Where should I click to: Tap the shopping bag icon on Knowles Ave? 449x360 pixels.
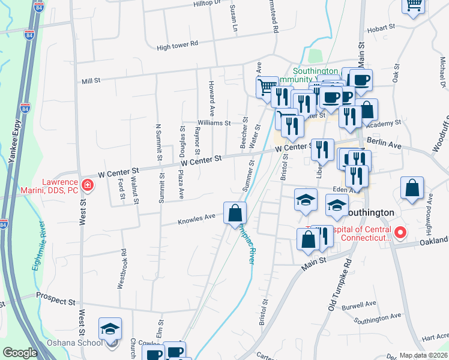pos(235,212)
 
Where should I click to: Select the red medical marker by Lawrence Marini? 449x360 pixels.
pos(88,185)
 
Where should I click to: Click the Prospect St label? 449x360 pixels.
pos(55,296)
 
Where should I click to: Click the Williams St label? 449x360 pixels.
pos(214,123)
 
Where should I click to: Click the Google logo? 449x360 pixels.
pos(19,353)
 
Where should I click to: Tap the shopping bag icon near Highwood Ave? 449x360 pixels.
pos(412,188)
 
